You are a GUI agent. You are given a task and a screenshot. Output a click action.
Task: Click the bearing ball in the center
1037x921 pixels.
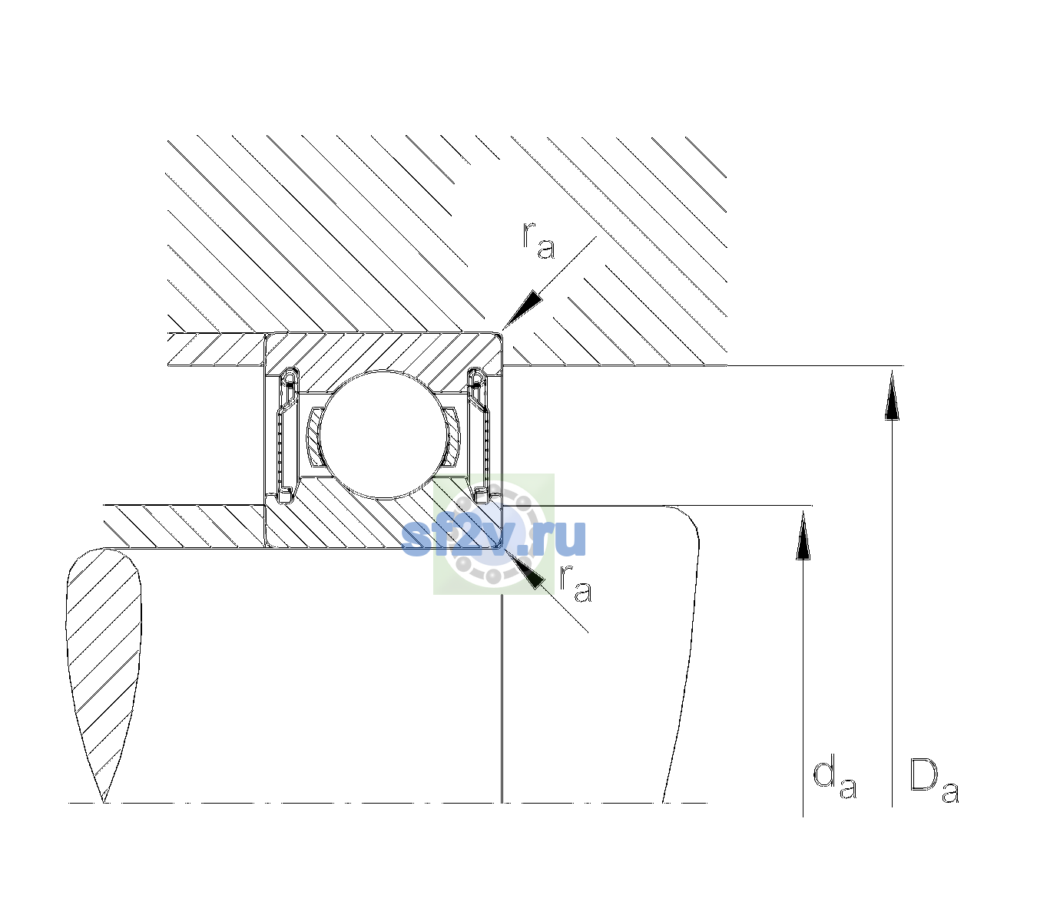tap(383, 434)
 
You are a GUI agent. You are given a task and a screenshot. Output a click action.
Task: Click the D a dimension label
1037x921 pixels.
tap(934, 781)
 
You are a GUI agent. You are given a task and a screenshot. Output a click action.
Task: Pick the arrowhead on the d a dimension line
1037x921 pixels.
tap(803, 534)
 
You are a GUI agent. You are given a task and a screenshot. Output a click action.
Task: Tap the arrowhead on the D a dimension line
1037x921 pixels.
tap(892, 394)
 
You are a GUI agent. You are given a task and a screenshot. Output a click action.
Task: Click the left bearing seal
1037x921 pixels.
tap(287, 434)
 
